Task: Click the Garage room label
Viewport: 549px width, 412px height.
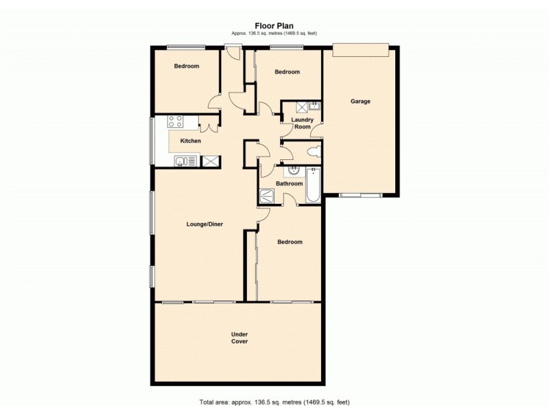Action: pos(360,102)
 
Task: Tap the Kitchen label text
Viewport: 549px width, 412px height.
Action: pos(191,141)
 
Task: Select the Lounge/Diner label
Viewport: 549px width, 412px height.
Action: pos(205,224)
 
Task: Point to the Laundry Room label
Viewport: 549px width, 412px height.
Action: pos(302,124)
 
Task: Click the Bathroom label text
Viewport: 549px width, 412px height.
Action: pos(290,183)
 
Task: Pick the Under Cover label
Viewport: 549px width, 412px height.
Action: pos(240,338)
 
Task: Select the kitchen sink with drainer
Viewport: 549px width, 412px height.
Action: pos(185,161)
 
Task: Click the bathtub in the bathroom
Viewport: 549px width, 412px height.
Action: pos(313,185)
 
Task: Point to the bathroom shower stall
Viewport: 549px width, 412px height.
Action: pos(266,196)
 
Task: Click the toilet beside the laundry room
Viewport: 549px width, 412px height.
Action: pos(312,152)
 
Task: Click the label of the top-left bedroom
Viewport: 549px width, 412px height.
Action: pos(186,67)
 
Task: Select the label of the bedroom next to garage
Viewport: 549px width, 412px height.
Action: pos(287,72)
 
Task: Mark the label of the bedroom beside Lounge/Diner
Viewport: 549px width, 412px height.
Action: pos(290,242)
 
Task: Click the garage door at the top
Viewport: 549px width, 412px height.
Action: pos(361,51)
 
